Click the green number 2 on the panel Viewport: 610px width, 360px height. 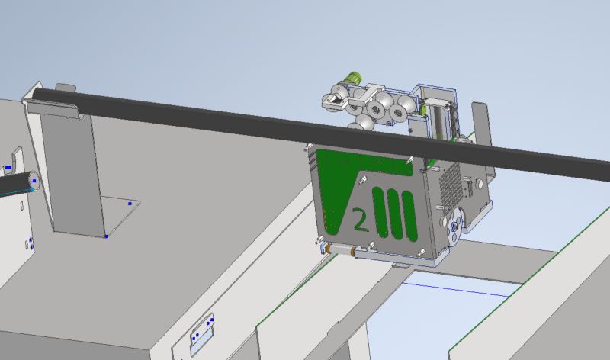point(360,220)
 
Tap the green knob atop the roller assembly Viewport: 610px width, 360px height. point(353,78)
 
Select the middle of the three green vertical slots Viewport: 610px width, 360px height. point(394,214)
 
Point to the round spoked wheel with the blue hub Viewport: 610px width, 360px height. point(454,226)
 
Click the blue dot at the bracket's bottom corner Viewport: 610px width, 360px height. point(106,236)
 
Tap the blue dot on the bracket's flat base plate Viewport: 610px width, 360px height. point(130,204)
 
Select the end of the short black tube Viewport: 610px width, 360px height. point(34,182)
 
